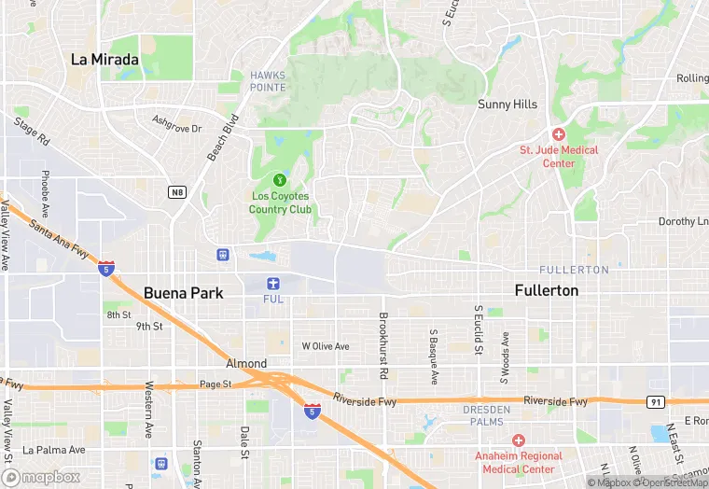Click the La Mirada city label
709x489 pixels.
pos(105,60)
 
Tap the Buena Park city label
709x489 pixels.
pos(183,292)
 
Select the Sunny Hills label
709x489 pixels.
pos(507,105)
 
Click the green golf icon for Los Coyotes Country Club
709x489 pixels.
pos(278,179)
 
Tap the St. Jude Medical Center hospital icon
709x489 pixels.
pos(559,134)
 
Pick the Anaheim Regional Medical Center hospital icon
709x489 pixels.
pos(519,440)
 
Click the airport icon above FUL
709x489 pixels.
pos(273,283)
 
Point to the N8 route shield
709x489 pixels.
pos(177,192)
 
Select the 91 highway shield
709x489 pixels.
pos(655,401)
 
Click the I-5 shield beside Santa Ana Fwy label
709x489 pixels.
pos(106,268)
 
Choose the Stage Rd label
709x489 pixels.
pos(32,131)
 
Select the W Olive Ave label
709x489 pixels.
pos(325,346)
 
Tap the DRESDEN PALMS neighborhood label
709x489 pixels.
pos(487,415)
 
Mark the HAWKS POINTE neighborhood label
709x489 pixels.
pos(268,81)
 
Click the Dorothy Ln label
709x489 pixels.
pos(683,221)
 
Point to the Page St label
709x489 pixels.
pos(215,384)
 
